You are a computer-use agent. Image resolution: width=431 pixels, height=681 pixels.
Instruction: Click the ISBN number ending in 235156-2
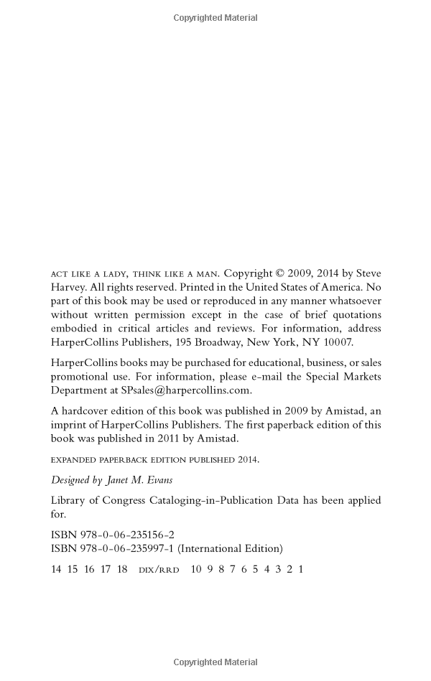click(x=125, y=535)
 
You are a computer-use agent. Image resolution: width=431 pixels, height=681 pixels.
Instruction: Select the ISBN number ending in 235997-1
click(x=125, y=548)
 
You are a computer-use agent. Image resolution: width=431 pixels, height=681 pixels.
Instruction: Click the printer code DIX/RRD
click(x=158, y=569)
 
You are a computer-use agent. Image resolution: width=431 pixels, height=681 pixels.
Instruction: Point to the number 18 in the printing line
click(x=122, y=569)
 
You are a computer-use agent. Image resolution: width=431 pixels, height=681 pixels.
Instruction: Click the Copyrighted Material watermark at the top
click(x=215, y=18)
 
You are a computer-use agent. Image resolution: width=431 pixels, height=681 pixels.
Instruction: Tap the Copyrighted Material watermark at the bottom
click(x=215, y=662)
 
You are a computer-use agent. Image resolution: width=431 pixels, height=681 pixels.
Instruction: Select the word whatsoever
click(x=353, y=301)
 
